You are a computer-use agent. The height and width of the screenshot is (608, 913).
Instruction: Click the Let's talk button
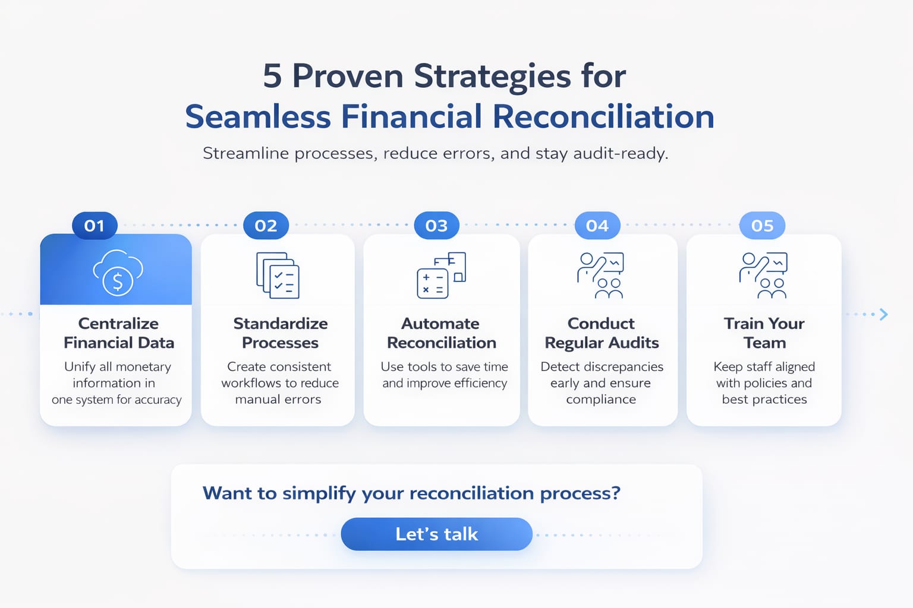tap(436, 534)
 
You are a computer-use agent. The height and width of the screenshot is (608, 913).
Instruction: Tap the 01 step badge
tap(95, 226)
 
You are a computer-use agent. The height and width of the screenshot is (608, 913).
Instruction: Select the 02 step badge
tap(266, 226)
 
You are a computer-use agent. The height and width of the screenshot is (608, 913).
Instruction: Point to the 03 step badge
tap(436, 226)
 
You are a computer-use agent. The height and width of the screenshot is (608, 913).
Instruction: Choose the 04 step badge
tap(597, 226)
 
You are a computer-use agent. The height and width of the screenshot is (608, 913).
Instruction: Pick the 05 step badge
tap(762, 226)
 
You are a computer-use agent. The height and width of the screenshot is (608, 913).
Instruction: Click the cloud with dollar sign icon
tap(118, 273)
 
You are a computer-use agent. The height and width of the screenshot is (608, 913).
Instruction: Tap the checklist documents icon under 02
tap(278, 275)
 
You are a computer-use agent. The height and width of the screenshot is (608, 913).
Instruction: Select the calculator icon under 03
tap(441, 275)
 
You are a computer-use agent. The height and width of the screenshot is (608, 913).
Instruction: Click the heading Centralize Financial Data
tap(118, 333)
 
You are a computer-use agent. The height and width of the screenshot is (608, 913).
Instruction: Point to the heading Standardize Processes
tap(280, 333)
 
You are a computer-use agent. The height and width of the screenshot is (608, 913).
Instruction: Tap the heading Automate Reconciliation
tap(441, 333)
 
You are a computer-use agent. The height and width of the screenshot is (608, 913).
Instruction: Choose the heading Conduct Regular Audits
tap(602, 333)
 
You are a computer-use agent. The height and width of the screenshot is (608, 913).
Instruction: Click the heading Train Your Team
tap(764, 333)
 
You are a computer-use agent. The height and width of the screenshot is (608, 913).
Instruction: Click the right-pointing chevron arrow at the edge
tap(884, 314)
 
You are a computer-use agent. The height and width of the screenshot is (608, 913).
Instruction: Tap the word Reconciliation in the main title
tap(603, 116)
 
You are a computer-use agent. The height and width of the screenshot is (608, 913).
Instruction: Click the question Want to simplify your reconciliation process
tap(411, 493)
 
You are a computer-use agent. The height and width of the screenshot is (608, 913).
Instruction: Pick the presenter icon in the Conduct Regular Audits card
tap(600, 275)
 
